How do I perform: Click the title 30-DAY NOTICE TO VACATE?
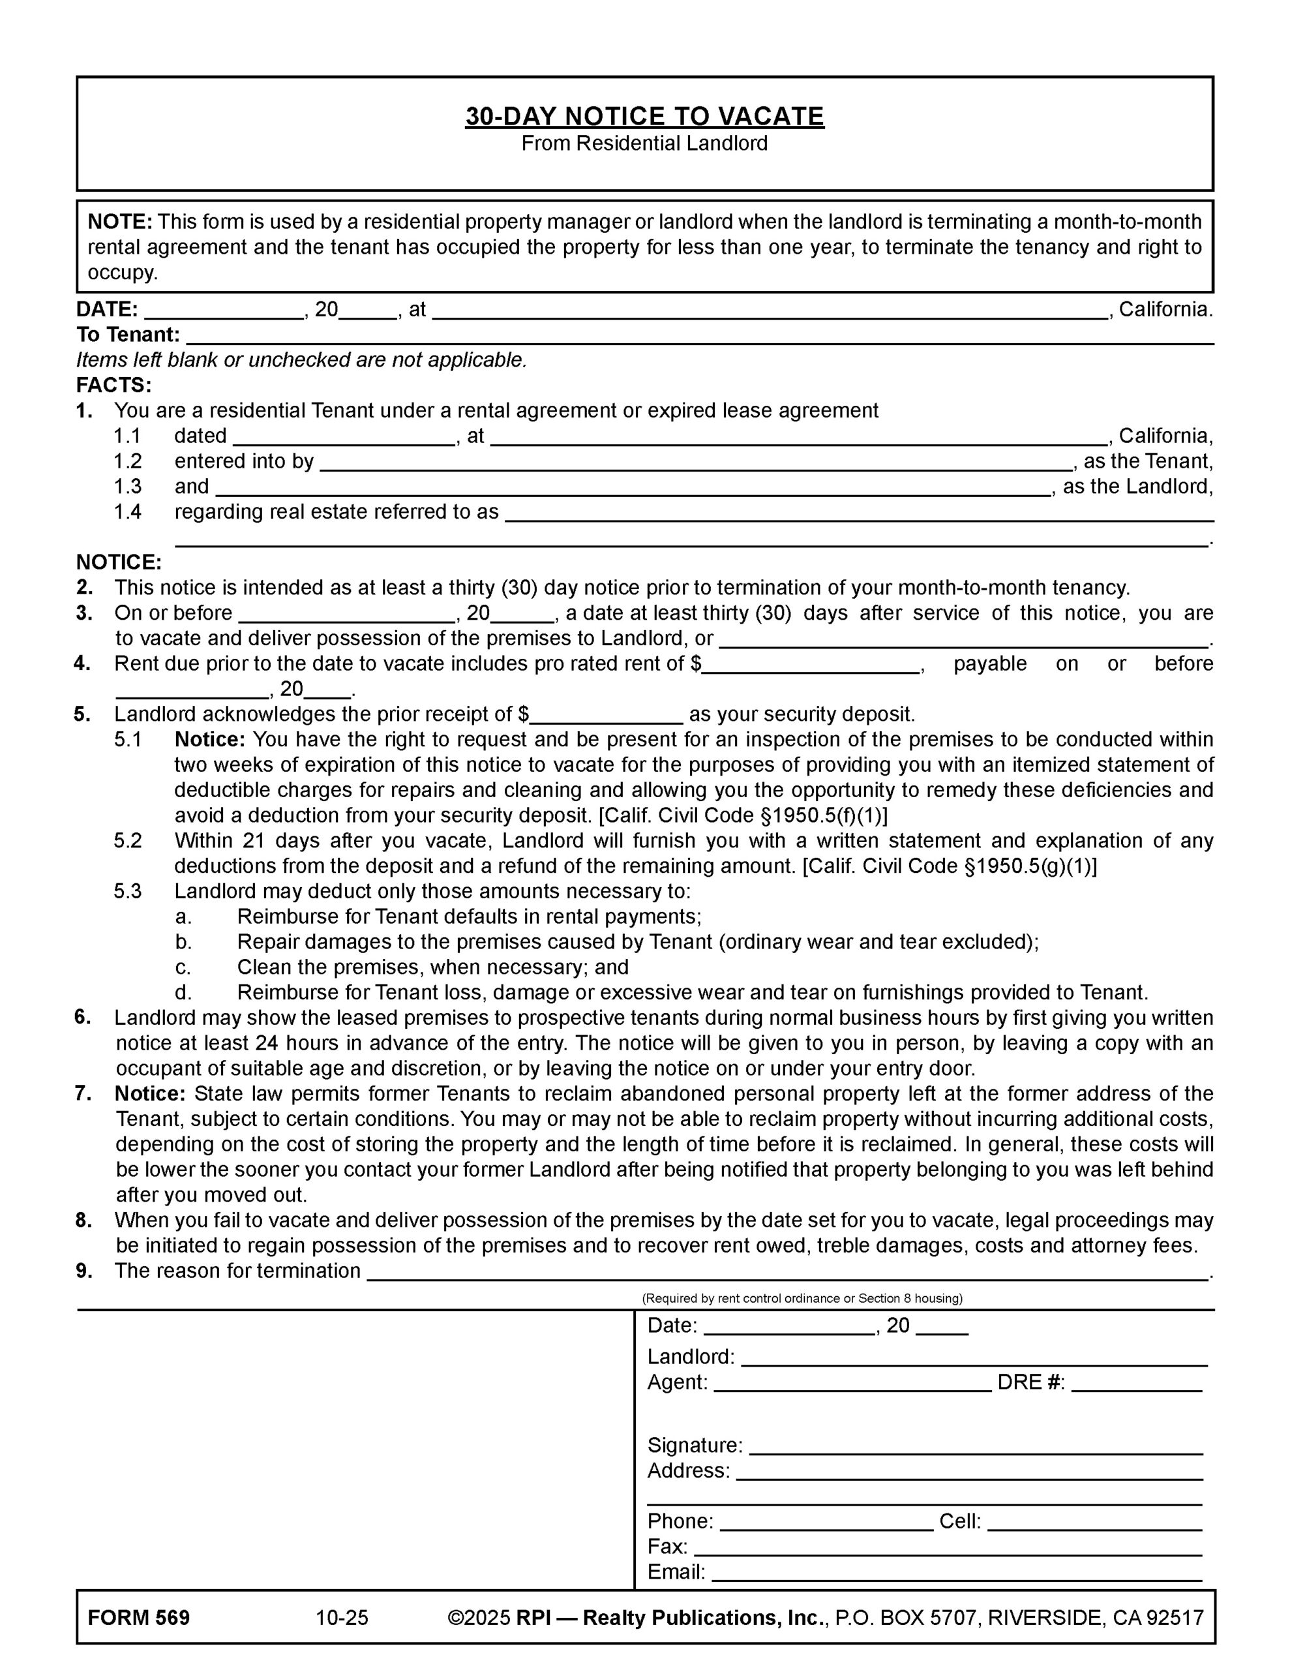point(644,116)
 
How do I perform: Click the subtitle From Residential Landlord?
point(644,144)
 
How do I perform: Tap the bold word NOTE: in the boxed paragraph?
point(120,222)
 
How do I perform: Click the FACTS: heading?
point(114,385)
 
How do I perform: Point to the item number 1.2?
point(128,461)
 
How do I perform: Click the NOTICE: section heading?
point(119,562)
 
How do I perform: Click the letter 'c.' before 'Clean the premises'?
point(183,967)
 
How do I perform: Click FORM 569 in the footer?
point(138,1618)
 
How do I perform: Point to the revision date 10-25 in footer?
point(342,1618)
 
